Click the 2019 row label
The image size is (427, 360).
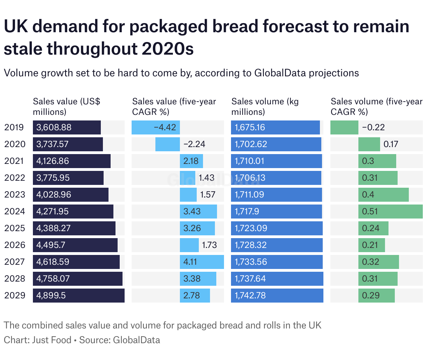[14, 127]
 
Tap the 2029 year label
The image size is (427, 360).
[15, 296]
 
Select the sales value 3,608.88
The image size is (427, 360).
[54, 127]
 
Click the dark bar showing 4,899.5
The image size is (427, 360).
[79, 296]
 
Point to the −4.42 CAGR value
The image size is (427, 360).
[165, 127]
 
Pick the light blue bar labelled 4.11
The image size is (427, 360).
[202, 262]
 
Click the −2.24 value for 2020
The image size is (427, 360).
[194, 144]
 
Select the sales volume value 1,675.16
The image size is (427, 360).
[250, 127]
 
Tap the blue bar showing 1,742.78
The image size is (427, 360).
[277, 296]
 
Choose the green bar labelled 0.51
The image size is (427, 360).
[390, 212]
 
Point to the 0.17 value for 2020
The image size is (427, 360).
[391, 144]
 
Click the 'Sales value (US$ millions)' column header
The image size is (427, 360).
[66, 106]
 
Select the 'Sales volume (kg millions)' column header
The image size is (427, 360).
[265, 106]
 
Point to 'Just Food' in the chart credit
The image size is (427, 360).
[51, 340]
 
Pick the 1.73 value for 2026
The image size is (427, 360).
[209, 245]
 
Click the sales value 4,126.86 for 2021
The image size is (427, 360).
[52, 161]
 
